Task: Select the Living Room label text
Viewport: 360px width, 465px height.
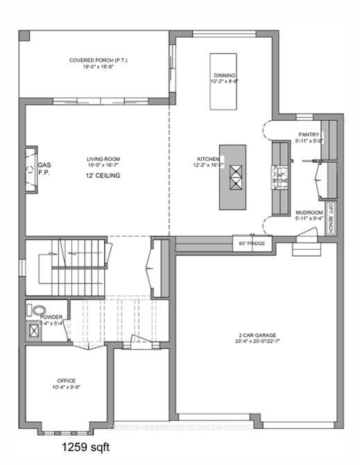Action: coord(103,159)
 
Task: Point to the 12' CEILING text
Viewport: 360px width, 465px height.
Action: coord(103,176)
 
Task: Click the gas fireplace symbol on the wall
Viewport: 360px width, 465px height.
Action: coord(31,169)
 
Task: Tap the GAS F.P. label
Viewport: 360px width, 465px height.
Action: coord(44,169)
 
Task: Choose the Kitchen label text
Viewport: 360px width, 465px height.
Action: coord(207,160)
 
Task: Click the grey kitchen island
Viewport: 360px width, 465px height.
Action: coord(232,177)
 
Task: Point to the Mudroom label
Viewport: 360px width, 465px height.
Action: coord(309,212)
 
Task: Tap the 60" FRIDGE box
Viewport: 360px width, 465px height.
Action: coord(252,244)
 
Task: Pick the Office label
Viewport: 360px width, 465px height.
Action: coord(66,381)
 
